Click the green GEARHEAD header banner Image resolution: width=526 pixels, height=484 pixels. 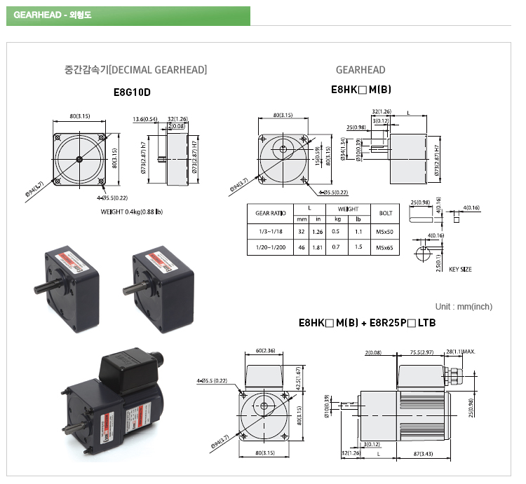[128, 15]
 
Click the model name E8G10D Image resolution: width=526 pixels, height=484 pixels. [132, 92]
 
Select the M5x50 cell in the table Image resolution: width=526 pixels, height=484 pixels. [385, 230]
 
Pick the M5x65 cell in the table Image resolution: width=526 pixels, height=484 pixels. [385, 247]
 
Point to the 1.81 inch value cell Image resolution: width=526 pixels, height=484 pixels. [318, 247]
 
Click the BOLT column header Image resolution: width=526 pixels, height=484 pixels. [385, 213]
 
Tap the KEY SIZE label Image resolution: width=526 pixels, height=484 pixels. [460, 269]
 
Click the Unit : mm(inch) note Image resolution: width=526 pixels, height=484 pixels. [464, 307]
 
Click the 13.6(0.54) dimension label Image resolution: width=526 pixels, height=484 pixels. [146, 119]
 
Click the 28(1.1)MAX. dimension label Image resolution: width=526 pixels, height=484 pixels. [459, 353]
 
